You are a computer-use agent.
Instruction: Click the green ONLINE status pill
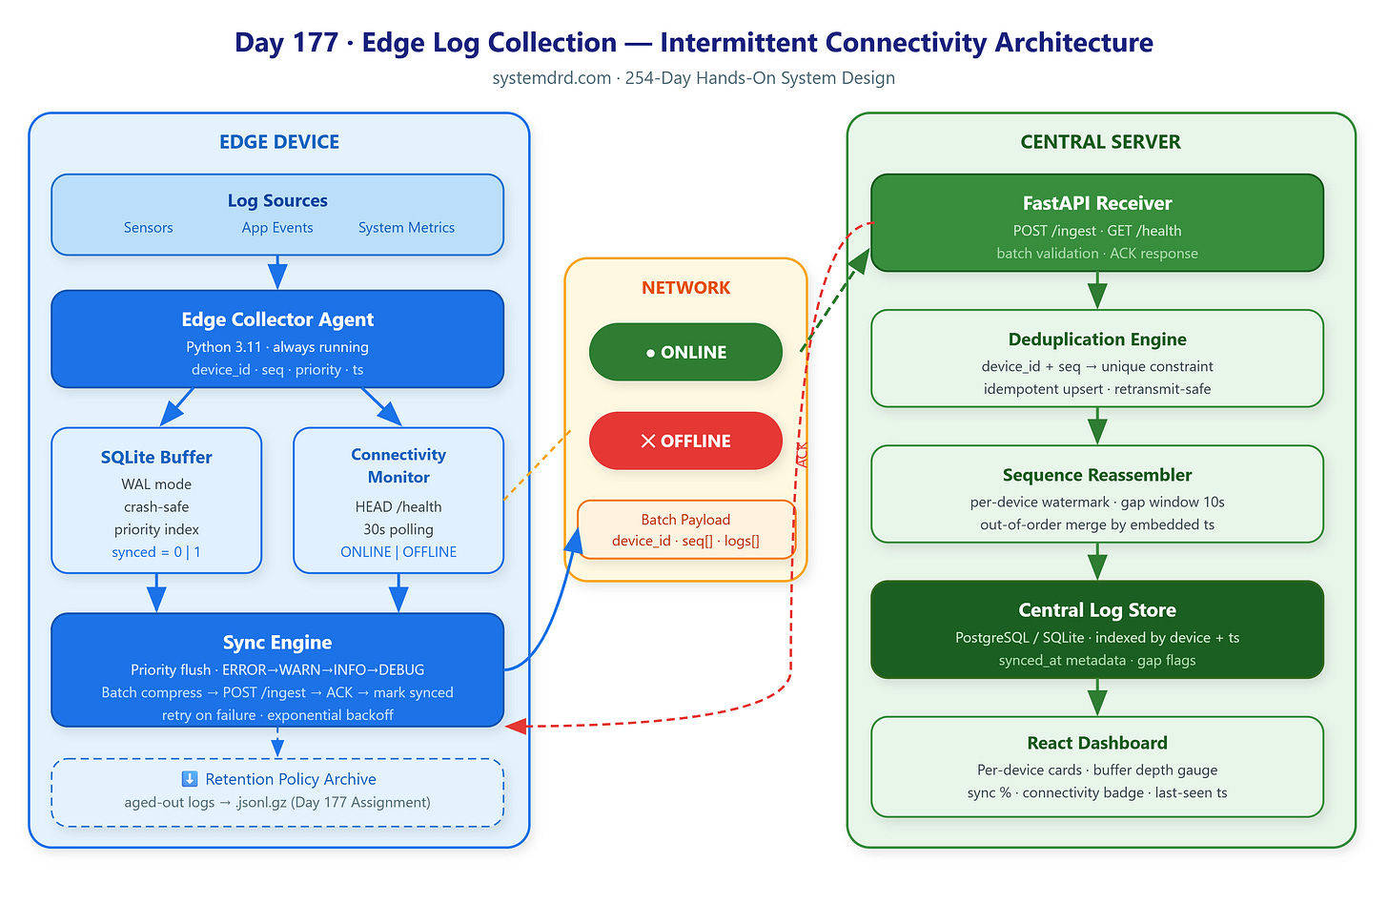point(685,352)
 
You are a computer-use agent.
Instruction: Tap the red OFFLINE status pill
point(685,441)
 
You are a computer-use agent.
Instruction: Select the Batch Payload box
point(686,529)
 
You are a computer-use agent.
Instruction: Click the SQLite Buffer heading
point(156,457)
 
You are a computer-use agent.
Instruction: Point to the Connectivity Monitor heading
point(398,465)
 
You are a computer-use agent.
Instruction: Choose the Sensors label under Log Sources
point(148,228)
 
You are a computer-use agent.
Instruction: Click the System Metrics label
point(406,228)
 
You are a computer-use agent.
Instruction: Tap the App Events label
point(277,228)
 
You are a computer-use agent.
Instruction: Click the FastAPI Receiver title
point(1096,203)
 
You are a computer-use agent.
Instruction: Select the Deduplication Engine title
point(1096,339)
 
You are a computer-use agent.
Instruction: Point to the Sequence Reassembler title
point(1096,475)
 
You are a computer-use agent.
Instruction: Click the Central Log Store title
point(1096,610)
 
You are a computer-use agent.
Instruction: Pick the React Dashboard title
point(1096,743)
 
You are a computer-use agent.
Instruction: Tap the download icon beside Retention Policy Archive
point(190,779)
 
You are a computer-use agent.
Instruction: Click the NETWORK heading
point(685,288)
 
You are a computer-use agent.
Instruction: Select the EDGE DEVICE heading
point(278,142)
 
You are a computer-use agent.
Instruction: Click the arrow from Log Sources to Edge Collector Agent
point(277,272)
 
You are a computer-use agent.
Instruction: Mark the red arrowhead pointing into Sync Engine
point(516,726)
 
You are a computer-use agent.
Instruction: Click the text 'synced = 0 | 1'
point(156,552)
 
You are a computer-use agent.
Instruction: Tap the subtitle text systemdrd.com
point(551,78)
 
